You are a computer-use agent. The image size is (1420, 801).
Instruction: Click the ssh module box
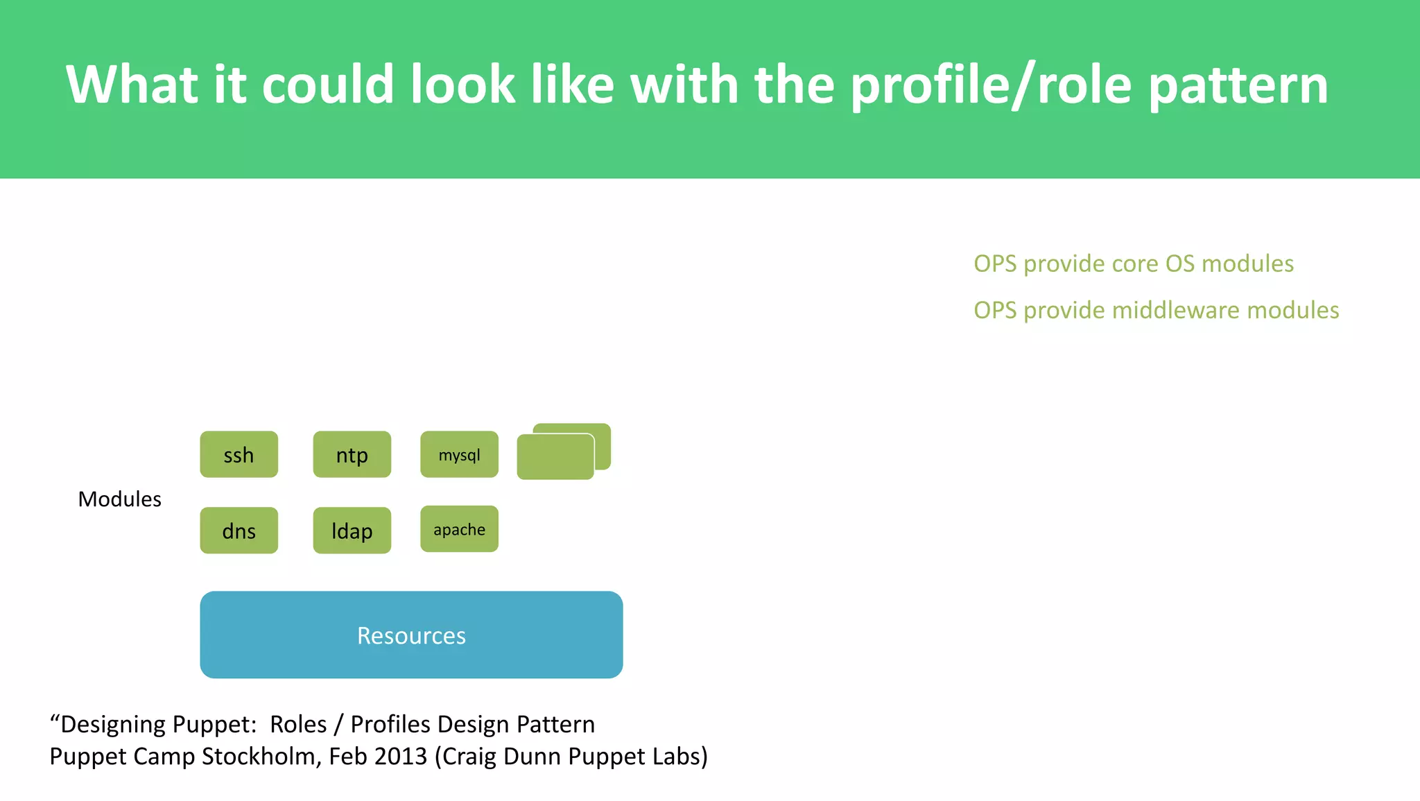click(239, 455)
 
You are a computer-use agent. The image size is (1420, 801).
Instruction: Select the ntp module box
click(352, 455)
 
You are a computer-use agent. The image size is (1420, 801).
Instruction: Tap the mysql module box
click(459, 455)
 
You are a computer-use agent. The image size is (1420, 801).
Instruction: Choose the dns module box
click(239, 531)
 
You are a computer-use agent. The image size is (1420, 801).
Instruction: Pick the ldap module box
click(352, 531)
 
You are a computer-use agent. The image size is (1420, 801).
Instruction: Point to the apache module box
click(459, 529)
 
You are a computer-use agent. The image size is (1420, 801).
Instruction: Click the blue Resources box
click(411, 635)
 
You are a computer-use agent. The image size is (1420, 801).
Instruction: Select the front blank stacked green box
click(555, 457)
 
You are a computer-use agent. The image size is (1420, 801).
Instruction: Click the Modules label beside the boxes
click(119, 499)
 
